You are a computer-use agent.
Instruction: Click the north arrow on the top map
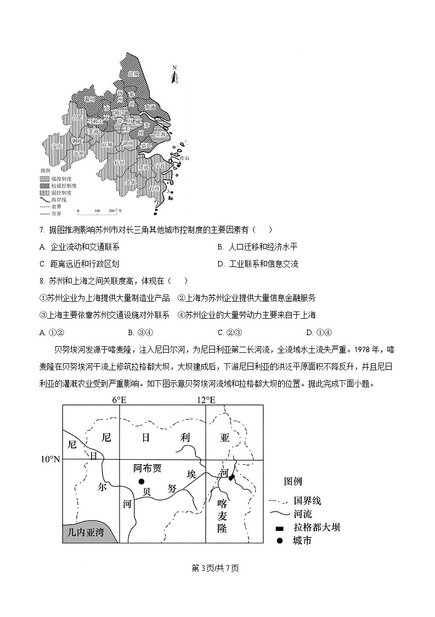[174, 75]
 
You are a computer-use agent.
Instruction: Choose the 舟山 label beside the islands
[184, 158]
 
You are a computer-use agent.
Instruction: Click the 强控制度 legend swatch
[44, 179]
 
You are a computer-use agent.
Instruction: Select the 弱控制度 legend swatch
[44, 193]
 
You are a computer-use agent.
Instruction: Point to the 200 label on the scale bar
[112, 210]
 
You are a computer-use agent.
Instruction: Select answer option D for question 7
[221, 264]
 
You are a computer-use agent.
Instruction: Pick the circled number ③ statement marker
[44, 315]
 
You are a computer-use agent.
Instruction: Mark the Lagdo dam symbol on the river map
[231, 478]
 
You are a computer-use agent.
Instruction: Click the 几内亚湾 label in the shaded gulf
[85, 532]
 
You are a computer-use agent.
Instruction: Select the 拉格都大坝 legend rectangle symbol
[279, 528]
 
